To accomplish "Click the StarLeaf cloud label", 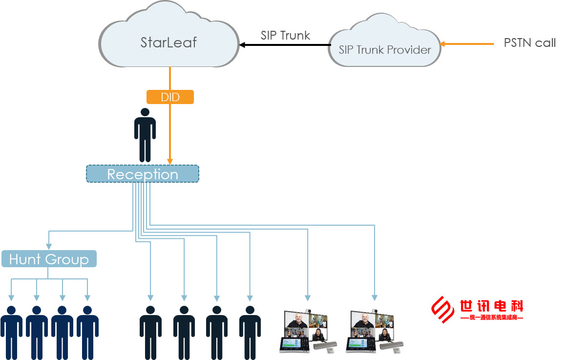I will coord(168,42).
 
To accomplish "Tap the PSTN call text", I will coord(529,43).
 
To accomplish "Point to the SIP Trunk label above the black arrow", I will coord(285,35).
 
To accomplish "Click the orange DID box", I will coord(170,97).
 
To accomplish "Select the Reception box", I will coord(143,174).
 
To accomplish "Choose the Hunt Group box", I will coord(49,258).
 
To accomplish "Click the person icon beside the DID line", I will coord(145,135).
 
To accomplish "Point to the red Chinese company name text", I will coord(491,306).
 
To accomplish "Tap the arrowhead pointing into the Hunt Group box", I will coord(48,247).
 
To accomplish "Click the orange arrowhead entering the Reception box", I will coord(170,162).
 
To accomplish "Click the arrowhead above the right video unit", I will coord(375,297).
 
